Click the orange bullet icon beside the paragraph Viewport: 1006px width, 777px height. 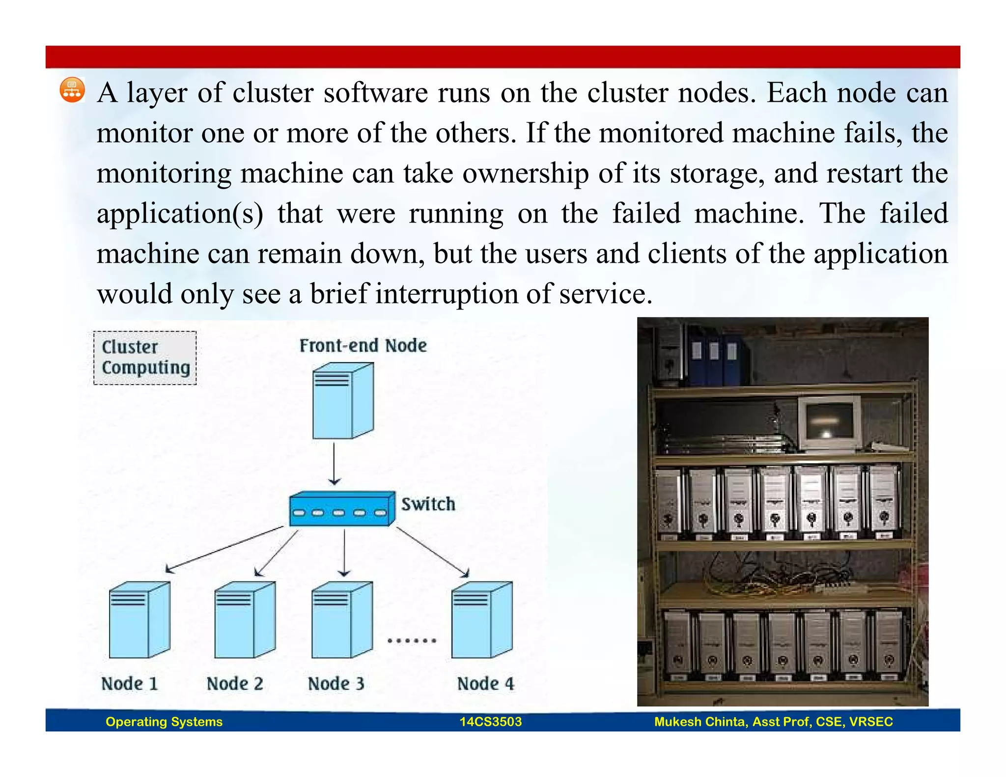point(72,90)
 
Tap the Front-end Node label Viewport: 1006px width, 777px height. point(363,346)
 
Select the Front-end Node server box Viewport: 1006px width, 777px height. point(343,401)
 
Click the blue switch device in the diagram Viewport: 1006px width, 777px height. point(342,509)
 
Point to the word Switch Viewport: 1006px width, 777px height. point(428,504)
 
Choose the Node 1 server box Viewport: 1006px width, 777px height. point(140,620)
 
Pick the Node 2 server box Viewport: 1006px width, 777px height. point(245,620)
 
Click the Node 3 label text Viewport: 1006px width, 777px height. point(336,684)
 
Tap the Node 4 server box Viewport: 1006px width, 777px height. point(482,620)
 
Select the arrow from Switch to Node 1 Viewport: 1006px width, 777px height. point(224,549)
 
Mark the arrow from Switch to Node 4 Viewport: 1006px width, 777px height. point(432,552)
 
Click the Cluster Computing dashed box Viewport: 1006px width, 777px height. point(145,358)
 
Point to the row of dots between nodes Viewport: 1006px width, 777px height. point(412,640)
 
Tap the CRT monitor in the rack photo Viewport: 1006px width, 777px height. point(829,423)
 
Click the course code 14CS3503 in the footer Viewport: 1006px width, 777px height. point(490,721)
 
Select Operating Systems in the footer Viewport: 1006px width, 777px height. point(164,721)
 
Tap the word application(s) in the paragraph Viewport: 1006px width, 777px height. point(180,214)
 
